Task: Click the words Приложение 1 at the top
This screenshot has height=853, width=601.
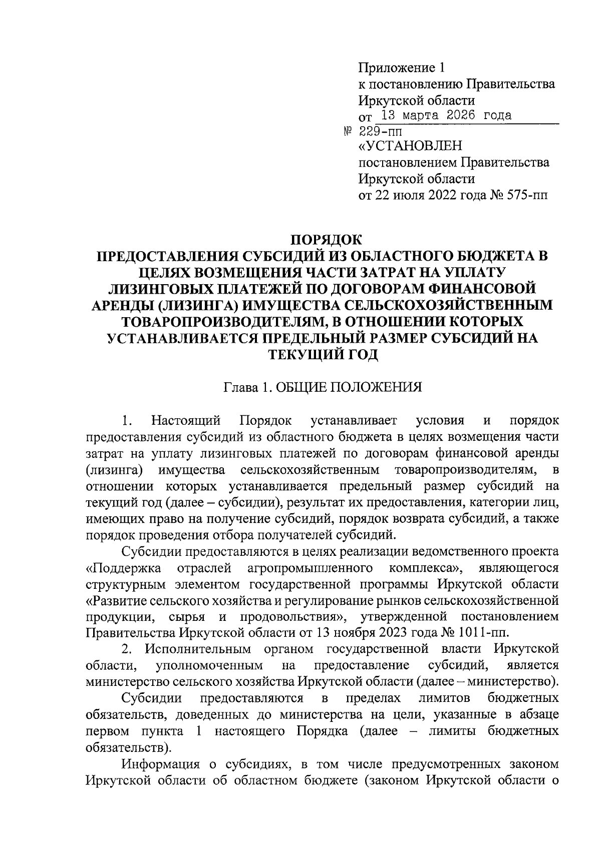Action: pyautogui.click(x=402, y=67)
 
